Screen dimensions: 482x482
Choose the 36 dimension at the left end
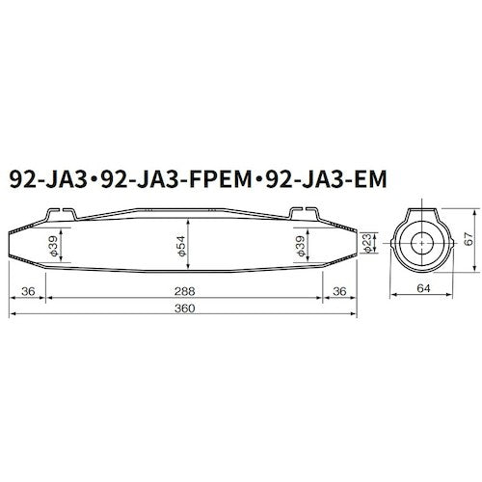pos(27,290)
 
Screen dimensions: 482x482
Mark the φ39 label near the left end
pos(53,248)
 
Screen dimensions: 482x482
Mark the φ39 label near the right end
pos(301,248)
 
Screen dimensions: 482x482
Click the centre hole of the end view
pos(419,244)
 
